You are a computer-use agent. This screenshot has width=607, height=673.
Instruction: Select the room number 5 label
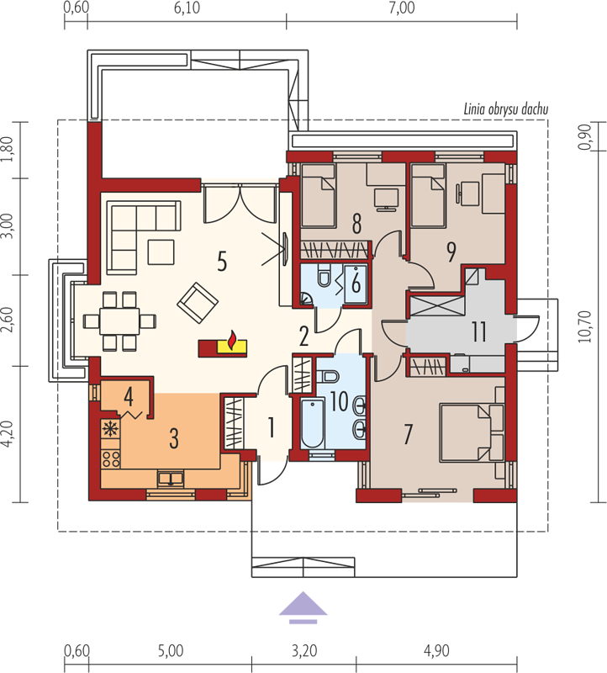point(222,262)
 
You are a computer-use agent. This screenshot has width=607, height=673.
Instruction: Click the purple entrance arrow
point(303,607)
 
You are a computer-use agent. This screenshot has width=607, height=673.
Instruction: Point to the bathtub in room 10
point(312,424)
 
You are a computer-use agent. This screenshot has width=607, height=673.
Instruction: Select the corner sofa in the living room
point(144,236)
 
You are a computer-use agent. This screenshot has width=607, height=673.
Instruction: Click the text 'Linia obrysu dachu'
point(506,109)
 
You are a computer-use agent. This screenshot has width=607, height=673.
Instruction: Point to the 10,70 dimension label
point(584,326)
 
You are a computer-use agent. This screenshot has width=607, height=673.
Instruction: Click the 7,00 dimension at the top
point(402,8)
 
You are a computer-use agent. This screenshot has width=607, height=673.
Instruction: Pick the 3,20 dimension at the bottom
point(304,650)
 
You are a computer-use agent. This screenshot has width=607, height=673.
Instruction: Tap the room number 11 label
point(478,331)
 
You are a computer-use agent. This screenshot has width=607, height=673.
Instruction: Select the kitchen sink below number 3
point(172,478)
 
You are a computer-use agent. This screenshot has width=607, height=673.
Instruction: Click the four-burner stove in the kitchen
point(111,458)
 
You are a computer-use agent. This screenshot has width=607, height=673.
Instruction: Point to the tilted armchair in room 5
point(198,303)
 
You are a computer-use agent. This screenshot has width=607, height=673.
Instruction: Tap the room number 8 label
point(356,224)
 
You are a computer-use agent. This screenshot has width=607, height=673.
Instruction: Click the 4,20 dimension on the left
point(10,434)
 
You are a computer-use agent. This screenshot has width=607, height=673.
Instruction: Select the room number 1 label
point(271,428)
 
